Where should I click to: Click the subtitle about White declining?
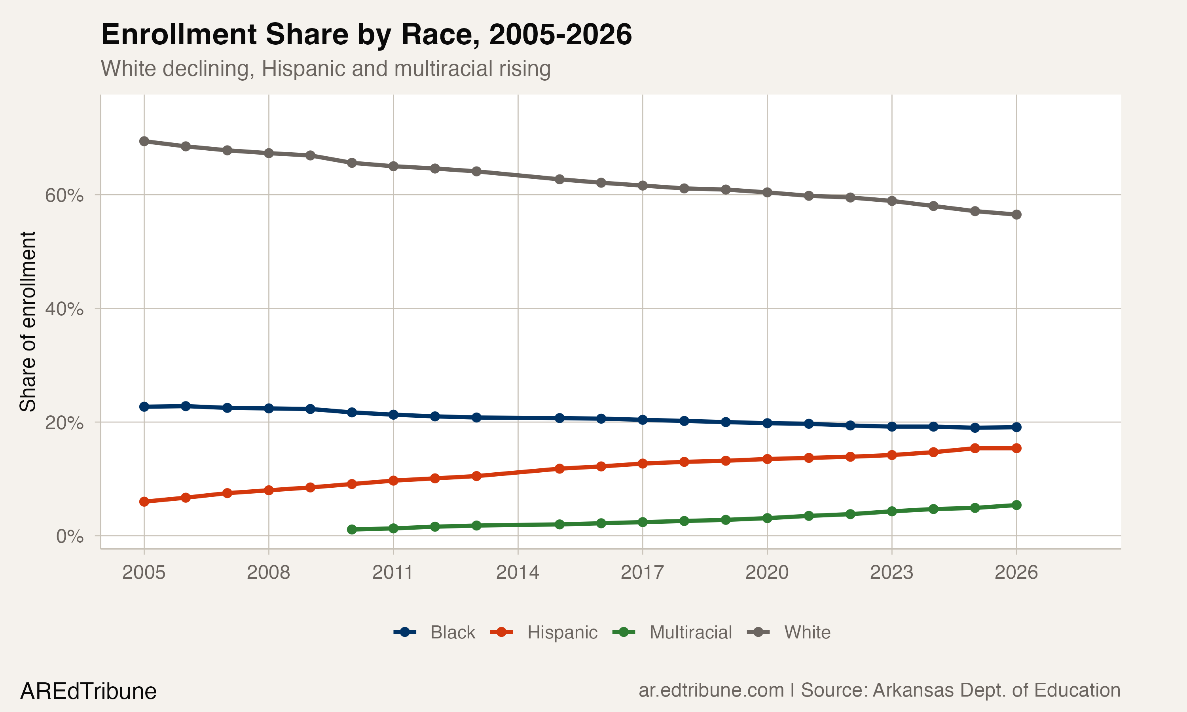(x=325, y=68)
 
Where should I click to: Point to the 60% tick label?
(x=64, y=195)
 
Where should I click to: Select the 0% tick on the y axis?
(x=70, y=536)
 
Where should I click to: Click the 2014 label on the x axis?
(x=517, y=572)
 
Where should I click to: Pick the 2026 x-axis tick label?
(x=1016, y=572)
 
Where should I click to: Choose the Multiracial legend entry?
(x=690, y=632)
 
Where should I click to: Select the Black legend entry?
(x=452, y=632)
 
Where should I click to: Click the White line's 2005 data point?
(x=144, y=141)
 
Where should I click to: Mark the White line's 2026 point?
(x=1016, y=214)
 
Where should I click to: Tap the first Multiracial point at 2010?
(x=352, y=529)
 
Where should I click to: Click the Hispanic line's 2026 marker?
(x=1016, y=448)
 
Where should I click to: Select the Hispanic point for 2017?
(x=643, y=464)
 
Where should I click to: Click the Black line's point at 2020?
(x=767, y=423)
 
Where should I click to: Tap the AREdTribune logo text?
(x=88, y=691)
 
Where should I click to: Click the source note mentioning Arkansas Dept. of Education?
(x=879, y=690)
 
